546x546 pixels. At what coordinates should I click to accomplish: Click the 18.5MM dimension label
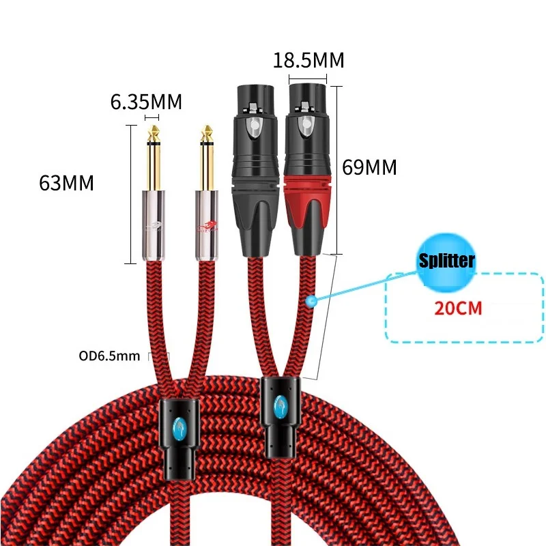pos(308,60)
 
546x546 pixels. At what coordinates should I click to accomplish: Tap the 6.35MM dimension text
pos(146,102)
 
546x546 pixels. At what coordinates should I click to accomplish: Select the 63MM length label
pos(67,183)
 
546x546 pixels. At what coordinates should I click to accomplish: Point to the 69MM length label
pos(369,167)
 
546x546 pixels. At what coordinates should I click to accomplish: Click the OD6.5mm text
pos(109,355)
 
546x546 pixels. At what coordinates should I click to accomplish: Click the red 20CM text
pos(459,308)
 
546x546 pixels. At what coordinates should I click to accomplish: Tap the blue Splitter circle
pos(445,260)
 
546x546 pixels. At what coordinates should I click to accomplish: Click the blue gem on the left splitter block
pos(178,428)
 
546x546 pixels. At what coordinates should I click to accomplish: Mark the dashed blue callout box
pos(464,307)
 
